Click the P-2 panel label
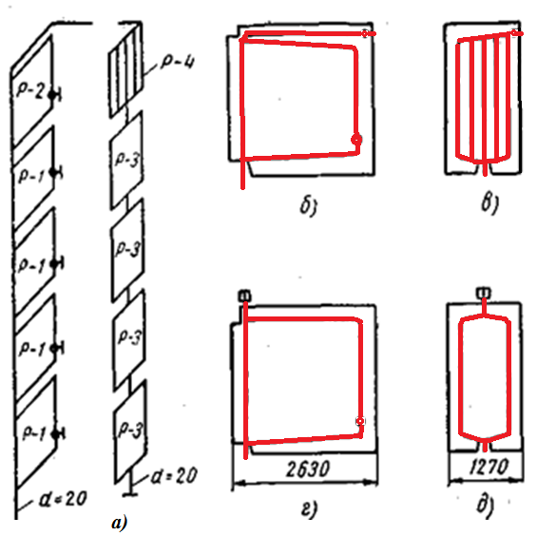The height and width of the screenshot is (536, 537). click(x=30, y=91)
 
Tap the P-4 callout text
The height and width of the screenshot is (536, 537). click(x=178, y=63)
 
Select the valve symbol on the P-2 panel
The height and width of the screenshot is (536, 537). click(x=54, y=95)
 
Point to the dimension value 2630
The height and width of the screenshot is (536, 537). click(x=308, y=469)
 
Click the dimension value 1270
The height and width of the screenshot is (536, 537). click(x=489, y=467)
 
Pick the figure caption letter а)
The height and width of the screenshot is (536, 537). click(x=119, y=523)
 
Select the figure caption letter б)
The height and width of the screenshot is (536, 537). click(x=309, y=205)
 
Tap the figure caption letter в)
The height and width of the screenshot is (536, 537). click(x=490, y=203)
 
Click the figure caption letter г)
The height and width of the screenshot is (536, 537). click(x=309, y=508)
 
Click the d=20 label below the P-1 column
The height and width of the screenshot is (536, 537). click(x=63, y=499)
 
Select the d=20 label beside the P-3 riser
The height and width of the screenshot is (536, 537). click(x=174, y=476)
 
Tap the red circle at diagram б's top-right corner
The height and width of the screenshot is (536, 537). click(x=365, y=33)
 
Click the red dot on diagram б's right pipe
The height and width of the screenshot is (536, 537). click(x=356, y=140)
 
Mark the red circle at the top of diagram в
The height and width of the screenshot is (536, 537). click(x=514, y=33)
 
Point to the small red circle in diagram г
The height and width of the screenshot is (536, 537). click(x=360, y=421)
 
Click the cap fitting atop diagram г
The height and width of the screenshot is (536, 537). click(x=245, y=296)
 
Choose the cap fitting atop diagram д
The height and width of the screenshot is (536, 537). click(x=483, y=293)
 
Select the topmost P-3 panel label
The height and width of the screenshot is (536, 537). click(x=127, y=160)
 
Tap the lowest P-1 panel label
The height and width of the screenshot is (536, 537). click(x=34, y=434)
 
